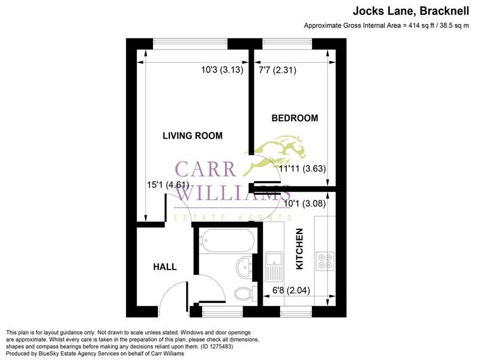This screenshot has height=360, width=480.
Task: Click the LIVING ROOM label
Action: pos(193,136)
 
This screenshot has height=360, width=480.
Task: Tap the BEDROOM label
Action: pos(295,118)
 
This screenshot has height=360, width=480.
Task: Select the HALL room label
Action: pos(163,266)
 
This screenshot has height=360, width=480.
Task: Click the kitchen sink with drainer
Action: pos(274,266)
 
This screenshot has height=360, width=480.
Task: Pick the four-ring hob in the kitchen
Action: pos(326,260)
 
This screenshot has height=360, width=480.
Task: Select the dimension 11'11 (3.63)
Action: pos(302,169)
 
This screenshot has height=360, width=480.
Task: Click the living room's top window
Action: pos(190,42)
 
